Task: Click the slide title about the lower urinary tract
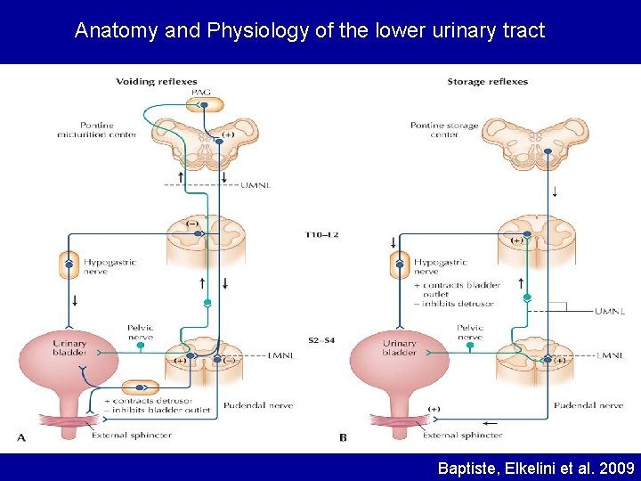point(310,31)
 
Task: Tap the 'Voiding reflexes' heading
point(157,82)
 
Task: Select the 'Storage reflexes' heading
point(487,82)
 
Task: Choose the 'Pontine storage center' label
point(444,130)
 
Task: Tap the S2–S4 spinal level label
point(323,341)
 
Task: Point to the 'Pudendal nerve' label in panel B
point(588,405)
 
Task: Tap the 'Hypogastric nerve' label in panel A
point(110,266)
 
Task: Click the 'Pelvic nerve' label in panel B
point(470,333)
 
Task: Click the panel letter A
point(20,436)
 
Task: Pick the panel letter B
point(344,436)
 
